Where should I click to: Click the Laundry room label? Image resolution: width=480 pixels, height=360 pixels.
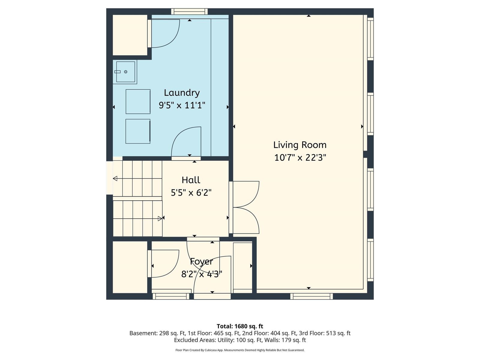tap(182, 93)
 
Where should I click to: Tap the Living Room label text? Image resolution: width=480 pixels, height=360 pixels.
tap(300, 145)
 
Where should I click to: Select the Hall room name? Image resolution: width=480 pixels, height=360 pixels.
tap(191, 180)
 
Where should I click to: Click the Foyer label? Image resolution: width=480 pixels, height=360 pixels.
tap(201, 261)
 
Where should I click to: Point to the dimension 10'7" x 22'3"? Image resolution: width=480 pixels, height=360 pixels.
tap(300, 157)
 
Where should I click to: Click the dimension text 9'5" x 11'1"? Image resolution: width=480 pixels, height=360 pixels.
tap(182, 105)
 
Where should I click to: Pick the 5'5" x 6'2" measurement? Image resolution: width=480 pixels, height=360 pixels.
tap(191, 193)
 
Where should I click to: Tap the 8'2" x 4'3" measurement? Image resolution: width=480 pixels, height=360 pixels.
tap(202, 274)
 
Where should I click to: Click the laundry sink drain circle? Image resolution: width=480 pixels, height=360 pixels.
tap(126, 72)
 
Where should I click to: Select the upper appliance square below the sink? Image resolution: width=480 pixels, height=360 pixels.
tap(138, 101)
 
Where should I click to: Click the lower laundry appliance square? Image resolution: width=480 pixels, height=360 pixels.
tap(138, 131)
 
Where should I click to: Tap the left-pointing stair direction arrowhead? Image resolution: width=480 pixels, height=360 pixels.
tap(115, 178)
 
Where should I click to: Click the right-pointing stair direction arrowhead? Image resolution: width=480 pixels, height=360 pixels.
tap(160, 218)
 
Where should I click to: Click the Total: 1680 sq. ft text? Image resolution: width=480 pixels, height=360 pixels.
tap(240, 326)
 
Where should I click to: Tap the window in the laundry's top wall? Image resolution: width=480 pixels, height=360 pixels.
tap(189, 12)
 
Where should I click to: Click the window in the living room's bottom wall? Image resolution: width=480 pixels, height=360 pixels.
tap(312, 296)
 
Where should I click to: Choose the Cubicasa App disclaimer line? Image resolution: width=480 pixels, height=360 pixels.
tap(240, 350)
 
